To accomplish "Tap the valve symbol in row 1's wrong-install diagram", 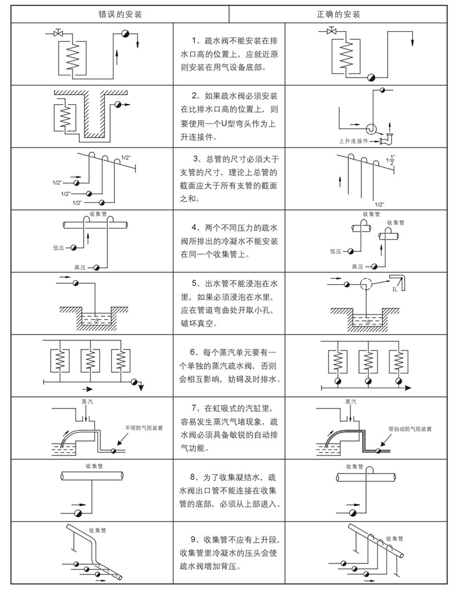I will (x=57, y=34).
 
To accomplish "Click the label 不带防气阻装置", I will (x=144, y=427).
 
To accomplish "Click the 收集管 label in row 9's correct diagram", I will (x=395, y=538).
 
